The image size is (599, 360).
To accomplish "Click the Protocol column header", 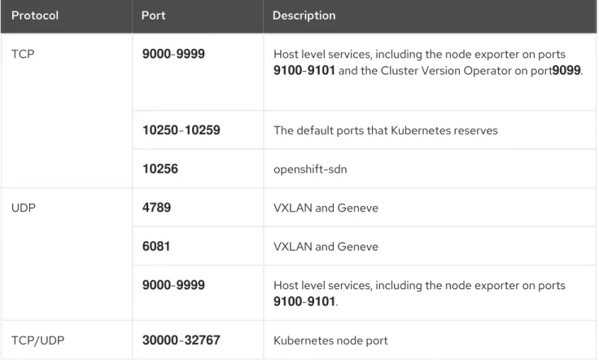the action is click(35, 15).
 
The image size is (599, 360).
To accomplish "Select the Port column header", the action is click(153, 15).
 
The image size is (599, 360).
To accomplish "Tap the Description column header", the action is click(304, 15).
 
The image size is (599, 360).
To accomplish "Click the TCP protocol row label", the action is click(23, 54).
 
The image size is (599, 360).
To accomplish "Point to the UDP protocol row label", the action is click(24, 208).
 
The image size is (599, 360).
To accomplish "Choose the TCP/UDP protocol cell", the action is click(37, 340).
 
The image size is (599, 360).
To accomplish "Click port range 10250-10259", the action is click(181, 130).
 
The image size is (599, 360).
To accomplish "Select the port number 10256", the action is click(160, 169).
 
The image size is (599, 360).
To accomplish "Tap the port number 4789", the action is click(156, 207).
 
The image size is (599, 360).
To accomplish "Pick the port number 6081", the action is click(156, 246).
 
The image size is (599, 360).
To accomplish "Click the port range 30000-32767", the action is click(181, 340).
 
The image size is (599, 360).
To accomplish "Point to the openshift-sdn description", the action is click(310, 169).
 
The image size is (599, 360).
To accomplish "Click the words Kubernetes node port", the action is click(330, 340).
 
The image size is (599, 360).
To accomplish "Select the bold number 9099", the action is click(566, 70).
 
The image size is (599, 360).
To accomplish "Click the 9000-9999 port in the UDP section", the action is click(173, 285).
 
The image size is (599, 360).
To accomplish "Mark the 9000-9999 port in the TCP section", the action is click(173, 54).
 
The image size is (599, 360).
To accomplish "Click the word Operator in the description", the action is click(487, 71).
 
